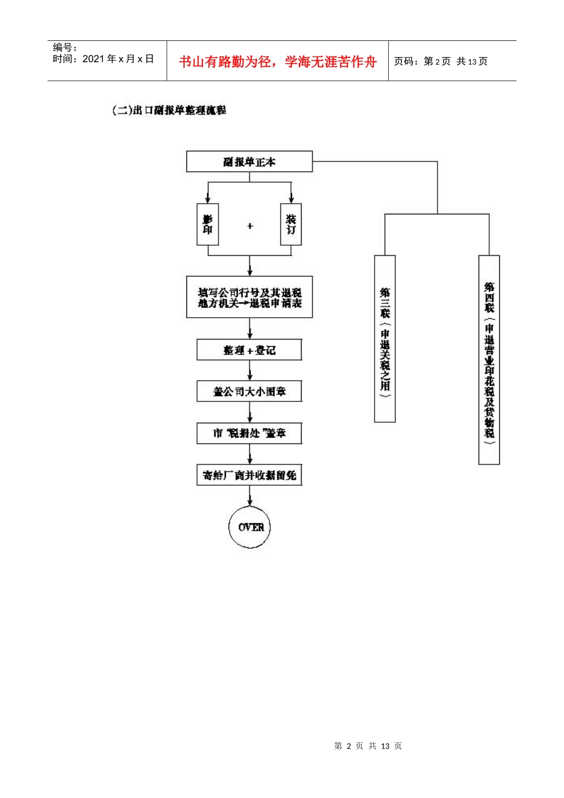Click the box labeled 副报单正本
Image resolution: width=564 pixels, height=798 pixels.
point(249,161)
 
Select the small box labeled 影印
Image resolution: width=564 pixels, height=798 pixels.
point(208,224)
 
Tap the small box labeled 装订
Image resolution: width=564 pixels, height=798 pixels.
point(291,224)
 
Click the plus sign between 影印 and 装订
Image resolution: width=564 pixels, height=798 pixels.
point(250,226)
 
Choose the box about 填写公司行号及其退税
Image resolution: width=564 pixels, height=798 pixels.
point(249,297)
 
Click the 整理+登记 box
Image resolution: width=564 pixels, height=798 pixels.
point(249,350)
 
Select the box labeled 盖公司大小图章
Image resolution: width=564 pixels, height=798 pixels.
point(249,391)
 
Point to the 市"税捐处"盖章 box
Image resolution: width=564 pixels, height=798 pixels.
point(249,433)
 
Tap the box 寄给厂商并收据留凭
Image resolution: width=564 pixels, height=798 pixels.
point(249,475)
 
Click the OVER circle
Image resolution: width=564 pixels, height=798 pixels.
point(250,527)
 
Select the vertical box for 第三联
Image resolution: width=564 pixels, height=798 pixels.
point(385,338)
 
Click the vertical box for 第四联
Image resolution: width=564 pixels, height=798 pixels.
point(489,359)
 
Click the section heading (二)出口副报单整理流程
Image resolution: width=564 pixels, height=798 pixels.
point(169,110)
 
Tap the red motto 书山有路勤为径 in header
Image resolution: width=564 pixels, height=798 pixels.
point(278,62)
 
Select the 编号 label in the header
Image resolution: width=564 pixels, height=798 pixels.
point(65,47)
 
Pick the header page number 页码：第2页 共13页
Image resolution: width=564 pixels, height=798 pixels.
point(441,62)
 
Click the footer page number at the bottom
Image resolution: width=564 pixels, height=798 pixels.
point(368,746)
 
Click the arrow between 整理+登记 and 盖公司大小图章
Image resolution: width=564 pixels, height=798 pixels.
point(250,371)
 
